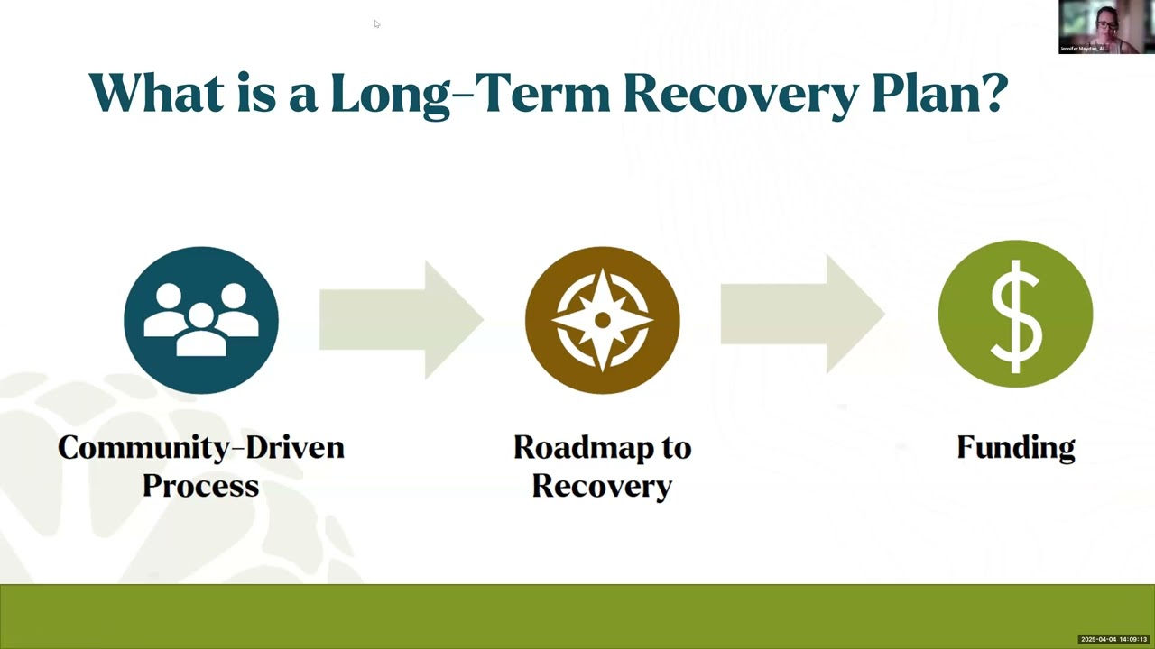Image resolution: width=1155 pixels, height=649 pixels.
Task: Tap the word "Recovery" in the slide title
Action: tap(740, 93)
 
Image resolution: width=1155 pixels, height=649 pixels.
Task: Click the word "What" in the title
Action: tap(155, 93)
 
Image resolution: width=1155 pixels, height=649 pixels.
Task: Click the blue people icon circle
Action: tap(201, 320)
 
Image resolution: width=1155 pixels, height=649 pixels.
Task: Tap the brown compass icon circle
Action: tap(602, 320)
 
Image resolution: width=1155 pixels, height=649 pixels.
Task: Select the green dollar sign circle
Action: tap(1015, 314)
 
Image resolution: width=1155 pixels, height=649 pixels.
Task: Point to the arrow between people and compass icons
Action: tap(402, 320)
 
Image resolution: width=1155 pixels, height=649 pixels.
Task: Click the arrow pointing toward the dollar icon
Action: tap(802, 314)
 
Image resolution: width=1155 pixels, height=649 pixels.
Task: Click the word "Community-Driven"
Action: tap(201, 447)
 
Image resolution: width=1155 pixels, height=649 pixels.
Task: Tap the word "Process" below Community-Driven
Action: tap(200, 486)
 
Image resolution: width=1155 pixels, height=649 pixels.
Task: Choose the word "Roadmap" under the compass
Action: tap(602, 447)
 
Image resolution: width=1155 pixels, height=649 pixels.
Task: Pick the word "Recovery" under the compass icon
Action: tap(602, 486)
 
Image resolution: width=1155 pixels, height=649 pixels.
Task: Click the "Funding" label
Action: tap(1016, 447)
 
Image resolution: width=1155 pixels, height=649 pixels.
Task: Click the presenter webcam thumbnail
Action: tap(1100, 26)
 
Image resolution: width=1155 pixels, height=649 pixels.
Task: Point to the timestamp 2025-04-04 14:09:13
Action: tap(1113, 639)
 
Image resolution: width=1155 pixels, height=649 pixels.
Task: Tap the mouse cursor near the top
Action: tap(376, 23)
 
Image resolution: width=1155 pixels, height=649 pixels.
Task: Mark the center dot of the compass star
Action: tap(602, 320)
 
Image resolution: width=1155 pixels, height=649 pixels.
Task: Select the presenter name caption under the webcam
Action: tap(1083, 49)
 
